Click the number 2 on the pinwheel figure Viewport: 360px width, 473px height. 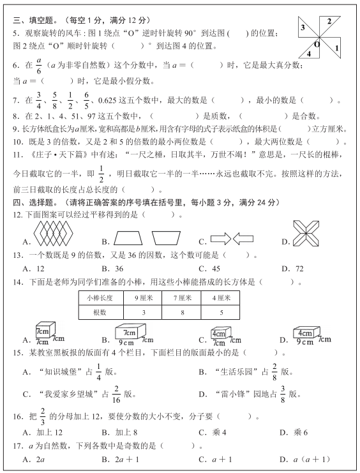(329, 21)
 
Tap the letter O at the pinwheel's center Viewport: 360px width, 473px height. (317, 45)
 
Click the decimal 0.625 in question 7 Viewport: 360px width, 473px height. (107, 101)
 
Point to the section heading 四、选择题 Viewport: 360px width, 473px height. (36, 202)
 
